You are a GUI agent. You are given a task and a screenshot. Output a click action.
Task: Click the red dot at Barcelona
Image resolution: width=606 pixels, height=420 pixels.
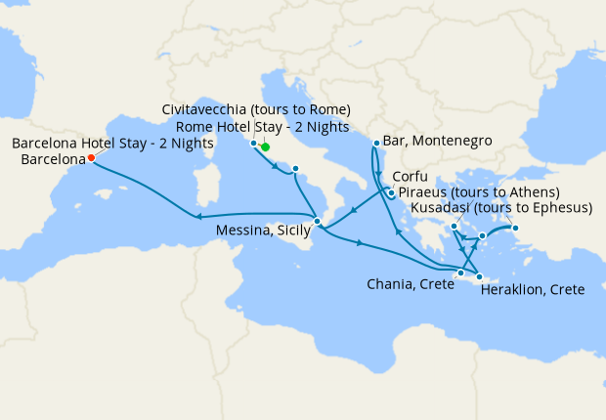(x=91, y=157)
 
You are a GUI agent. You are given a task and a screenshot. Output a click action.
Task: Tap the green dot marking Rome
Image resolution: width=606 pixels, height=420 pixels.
(x=265, y=147)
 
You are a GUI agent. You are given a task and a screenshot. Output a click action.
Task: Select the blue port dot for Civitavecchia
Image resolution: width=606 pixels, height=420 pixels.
(x=253, y=144)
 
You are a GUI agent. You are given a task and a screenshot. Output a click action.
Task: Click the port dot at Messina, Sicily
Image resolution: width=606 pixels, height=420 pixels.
(x=317, y=222)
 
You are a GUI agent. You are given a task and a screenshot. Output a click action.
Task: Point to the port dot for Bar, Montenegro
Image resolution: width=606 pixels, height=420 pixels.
(x=376, y=145)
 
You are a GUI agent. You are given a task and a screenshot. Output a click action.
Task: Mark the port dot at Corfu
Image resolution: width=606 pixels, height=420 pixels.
(x=390, y=192)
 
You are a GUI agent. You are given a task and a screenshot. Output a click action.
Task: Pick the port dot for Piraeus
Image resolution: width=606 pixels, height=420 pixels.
(x=454, y=228)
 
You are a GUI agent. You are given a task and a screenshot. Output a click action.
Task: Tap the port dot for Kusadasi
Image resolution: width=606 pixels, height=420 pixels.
(x=517, y=230)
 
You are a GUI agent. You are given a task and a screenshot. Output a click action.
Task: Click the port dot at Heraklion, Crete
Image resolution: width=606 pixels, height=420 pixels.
(x=479, y=277)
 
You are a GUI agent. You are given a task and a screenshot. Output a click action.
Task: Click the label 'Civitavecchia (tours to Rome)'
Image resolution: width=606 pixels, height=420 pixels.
(x=256, y=108)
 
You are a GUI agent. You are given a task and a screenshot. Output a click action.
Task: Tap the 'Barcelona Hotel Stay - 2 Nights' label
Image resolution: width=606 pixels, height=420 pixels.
(x=113, y=143)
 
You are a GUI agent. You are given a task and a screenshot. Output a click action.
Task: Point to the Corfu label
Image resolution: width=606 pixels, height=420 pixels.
(x=410, y=178)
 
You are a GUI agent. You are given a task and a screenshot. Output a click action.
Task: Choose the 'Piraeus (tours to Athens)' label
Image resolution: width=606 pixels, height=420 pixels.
(x=479, y=192)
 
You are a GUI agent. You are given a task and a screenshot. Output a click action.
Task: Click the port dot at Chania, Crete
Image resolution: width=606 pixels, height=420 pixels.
(x=461, y=273)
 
